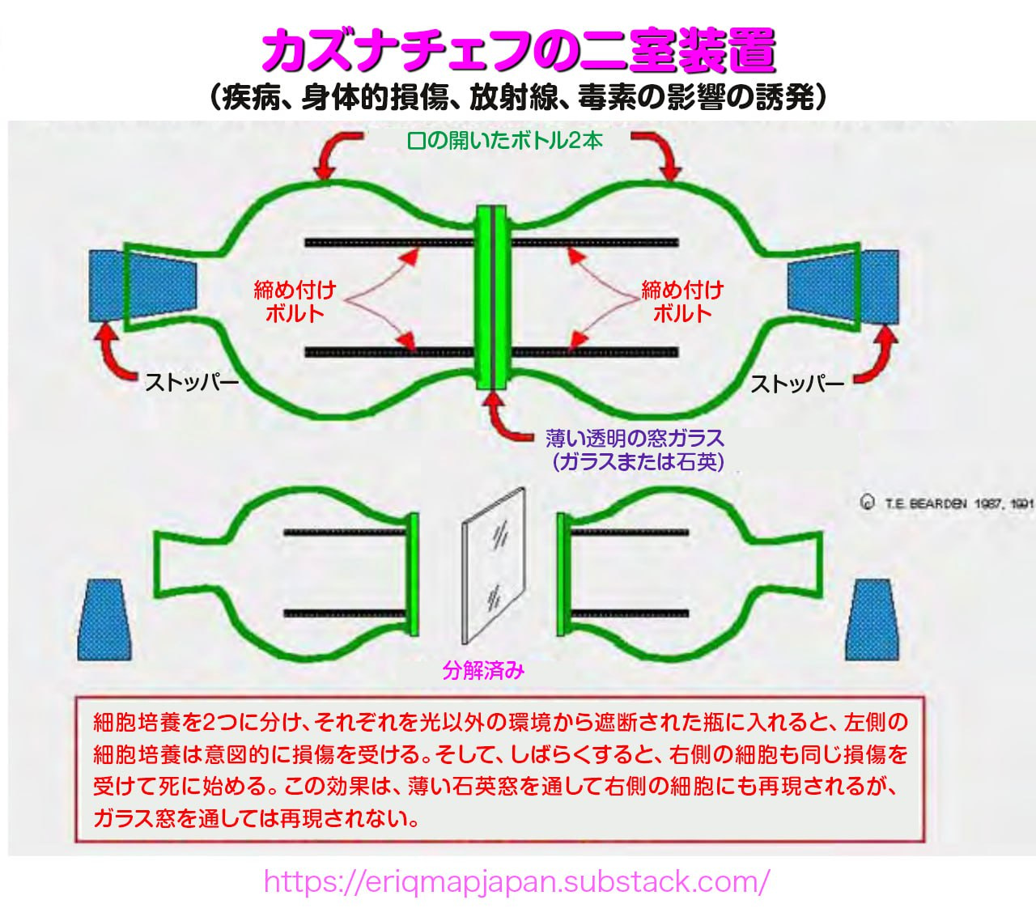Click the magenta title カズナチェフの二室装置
coord(518,50)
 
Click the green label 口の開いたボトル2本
coord(505,140)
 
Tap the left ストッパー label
coord(192,383)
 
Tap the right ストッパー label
coord(797,384)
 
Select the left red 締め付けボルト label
coord(295,301)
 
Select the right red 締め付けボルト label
coord(682,301)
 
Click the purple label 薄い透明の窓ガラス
coord(635,439)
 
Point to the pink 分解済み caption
coord(484,670)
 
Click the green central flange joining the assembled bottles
coord(492,297)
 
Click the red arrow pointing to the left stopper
coord(110,350)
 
